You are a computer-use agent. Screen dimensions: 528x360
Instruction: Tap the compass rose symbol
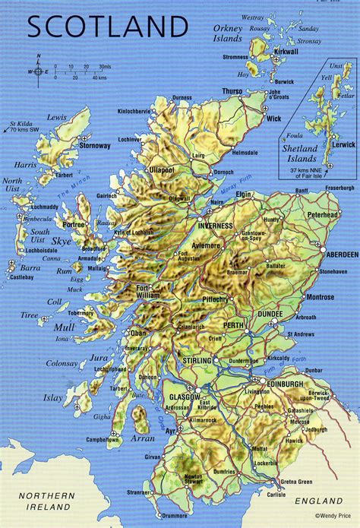[x=39, y=71]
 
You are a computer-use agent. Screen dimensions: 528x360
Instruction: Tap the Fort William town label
[x=150, y=291]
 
